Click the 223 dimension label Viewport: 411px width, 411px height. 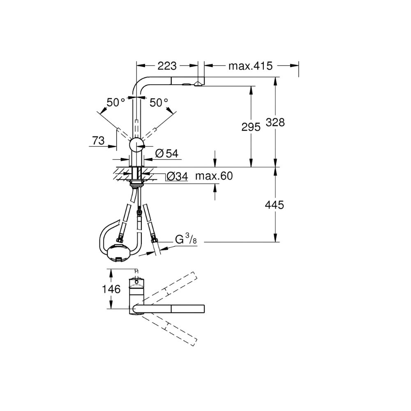coord(167,66)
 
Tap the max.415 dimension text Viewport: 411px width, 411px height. coord(250,66)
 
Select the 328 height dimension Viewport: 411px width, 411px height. coord(275,122)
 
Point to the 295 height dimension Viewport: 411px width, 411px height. coord(251,127)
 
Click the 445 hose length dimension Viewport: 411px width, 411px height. coord(275,205)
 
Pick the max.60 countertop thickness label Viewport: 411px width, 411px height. coord(214,176)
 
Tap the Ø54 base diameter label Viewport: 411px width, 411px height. coord(167,153)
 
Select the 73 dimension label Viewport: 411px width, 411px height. coord(98,141)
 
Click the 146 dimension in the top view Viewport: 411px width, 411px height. coord(111,289)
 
